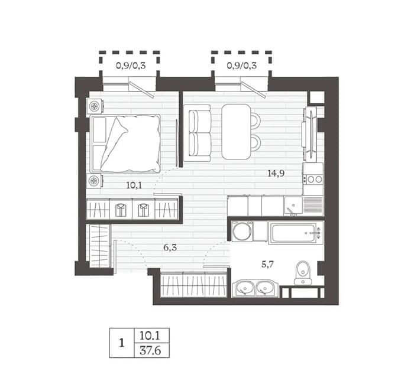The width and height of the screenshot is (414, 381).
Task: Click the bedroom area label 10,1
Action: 134,185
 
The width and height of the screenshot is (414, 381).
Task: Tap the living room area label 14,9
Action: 276,174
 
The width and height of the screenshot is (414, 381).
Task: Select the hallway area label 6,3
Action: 170,248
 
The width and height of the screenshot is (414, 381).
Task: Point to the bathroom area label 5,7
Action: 267,264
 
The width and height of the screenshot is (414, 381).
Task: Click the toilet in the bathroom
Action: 303,273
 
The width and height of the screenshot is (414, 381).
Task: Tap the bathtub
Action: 296,233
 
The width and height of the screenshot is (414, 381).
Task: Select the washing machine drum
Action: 242,232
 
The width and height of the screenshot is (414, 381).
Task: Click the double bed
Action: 125,144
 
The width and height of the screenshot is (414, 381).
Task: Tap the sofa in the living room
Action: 197,133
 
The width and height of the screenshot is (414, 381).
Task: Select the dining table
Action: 236,132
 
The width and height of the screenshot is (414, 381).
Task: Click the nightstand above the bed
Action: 94,106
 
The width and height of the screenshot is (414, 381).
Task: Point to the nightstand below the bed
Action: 94,181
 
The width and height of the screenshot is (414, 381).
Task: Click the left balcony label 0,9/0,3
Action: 131,66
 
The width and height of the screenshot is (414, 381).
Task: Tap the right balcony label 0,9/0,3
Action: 241,66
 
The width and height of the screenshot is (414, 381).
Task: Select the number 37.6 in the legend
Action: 150,351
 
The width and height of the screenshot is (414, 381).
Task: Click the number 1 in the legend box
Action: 122,343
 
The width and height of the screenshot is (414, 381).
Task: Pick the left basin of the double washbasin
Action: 244,288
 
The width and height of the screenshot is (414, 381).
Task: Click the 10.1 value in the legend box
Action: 150,336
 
